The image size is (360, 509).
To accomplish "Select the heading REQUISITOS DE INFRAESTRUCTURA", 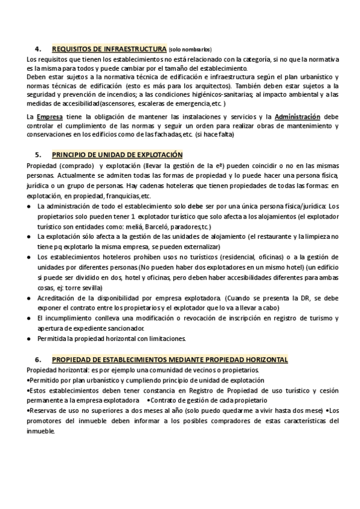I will tap(109, 49).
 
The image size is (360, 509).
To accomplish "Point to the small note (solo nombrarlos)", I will tap(190, 49).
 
